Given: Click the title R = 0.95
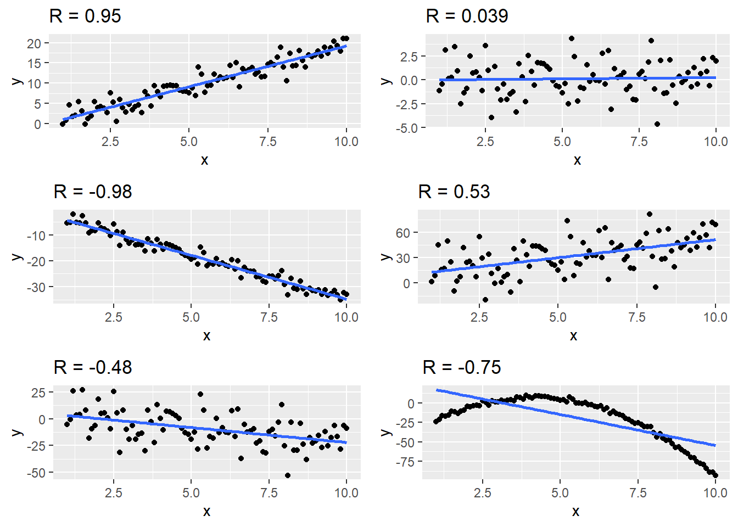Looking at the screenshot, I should click(x=85, y=16).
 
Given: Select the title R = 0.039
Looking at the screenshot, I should click(x=467, y=16).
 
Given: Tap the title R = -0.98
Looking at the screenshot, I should click(x=93, y=192).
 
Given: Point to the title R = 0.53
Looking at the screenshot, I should click(x=454, y=192).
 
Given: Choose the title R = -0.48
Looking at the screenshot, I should click(x=93, y=368).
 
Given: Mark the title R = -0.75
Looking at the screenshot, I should click(x=462, y=368).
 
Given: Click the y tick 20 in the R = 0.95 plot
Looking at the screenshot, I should click(x=34, y=43).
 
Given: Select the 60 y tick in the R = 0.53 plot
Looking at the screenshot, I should click(x=403, y=233).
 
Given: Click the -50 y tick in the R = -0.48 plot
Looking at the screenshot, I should click(x=38, y=472).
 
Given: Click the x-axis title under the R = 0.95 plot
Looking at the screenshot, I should click(x=205, y=160).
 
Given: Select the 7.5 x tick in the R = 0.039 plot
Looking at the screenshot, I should click(x=639, y=142).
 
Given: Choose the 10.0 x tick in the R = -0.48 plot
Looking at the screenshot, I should click(x=346, y=493).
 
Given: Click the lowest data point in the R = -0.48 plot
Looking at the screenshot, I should click(x=288, y=475).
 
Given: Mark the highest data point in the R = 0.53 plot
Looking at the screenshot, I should click(x=650, y=214).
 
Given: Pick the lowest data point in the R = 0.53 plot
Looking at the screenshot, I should click(x=485, y=300).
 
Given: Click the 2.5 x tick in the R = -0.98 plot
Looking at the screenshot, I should click(x=114, y=317).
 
